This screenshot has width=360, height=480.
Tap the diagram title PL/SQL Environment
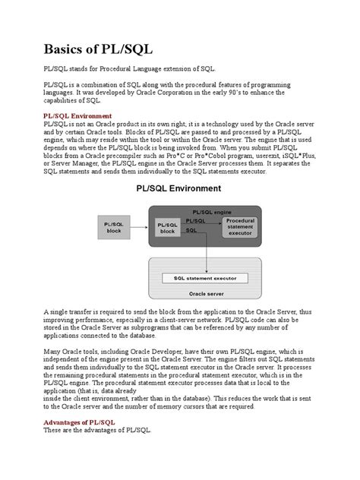[179, 188]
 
